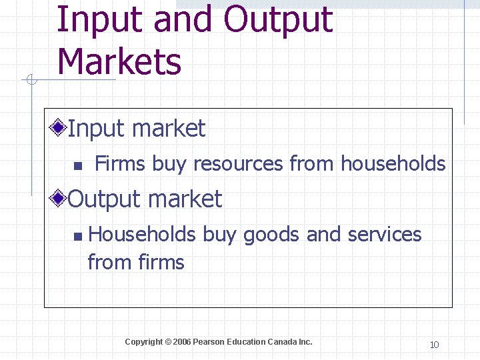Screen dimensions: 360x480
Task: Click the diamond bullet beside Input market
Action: [60, 127]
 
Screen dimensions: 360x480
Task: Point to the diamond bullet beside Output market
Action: [60, 198]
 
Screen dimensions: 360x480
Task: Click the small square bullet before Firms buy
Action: [77, 165]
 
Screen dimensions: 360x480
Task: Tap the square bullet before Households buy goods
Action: [78, 236]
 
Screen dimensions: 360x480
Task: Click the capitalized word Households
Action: [142, 235]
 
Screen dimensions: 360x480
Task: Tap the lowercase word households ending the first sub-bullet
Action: [393, 163]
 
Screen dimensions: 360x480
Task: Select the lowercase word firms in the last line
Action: [162, 263]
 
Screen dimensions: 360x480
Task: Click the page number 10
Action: [434, 345]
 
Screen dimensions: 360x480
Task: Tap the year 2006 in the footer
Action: [181, 342]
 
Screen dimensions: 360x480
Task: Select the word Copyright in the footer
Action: [143, 342]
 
